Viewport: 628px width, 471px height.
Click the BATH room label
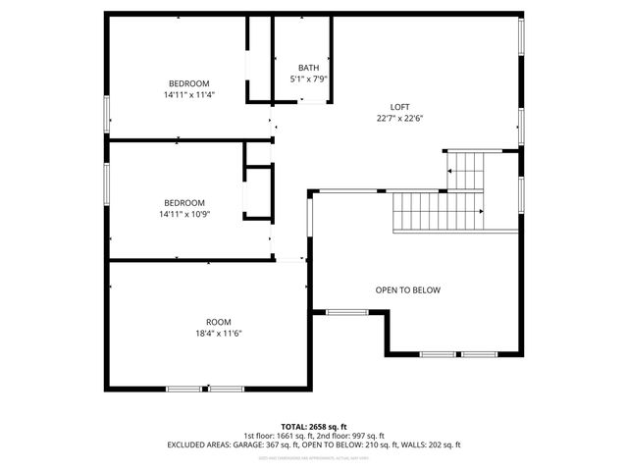[x=308, y=67]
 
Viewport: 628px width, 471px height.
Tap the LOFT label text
[x=398, y=106]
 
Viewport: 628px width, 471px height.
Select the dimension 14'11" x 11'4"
[x=189, y=95]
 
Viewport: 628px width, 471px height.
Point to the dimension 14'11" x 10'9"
[x=184, y=214]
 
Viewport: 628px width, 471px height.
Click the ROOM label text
[x=217, y=322]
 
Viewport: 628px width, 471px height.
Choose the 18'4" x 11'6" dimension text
[x=217, y=334]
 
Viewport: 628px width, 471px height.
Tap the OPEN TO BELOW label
[x=408, y=290]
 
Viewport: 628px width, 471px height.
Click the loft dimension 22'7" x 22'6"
[x=398, y=118]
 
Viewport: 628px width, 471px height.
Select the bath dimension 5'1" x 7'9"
[x=308, y=78]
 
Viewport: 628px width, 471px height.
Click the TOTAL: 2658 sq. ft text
[x=314, y=427]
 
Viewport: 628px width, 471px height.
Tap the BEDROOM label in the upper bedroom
[x=189, y=83]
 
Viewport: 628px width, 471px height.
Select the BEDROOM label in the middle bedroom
[x=184, y=202]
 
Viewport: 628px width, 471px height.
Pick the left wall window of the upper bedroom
[x=107, y=114]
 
